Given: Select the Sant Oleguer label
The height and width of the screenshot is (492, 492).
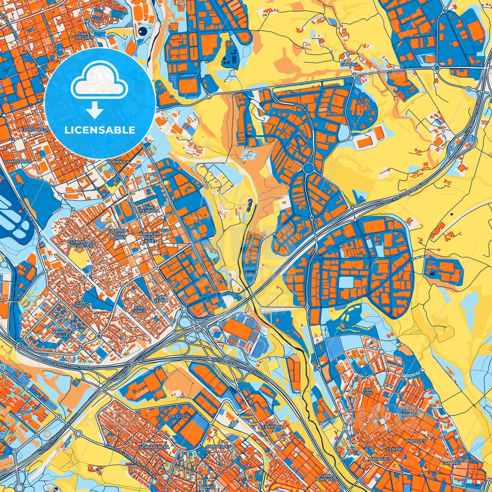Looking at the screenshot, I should tap(85, 36).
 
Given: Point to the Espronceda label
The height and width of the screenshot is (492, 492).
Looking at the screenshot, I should tap(35, 130).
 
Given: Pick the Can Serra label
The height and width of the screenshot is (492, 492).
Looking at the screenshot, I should tap(160, 299).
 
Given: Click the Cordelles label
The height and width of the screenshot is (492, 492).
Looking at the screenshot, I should tap(219, 446).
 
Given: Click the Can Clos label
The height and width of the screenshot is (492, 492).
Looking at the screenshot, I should tap(368, 391).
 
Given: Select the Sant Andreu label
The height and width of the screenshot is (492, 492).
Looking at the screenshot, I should tap(407, 413).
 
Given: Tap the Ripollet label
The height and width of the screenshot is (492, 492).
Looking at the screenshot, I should tap(415, 441).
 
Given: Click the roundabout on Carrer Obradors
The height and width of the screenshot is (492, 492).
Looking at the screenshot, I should tap(308, 168).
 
